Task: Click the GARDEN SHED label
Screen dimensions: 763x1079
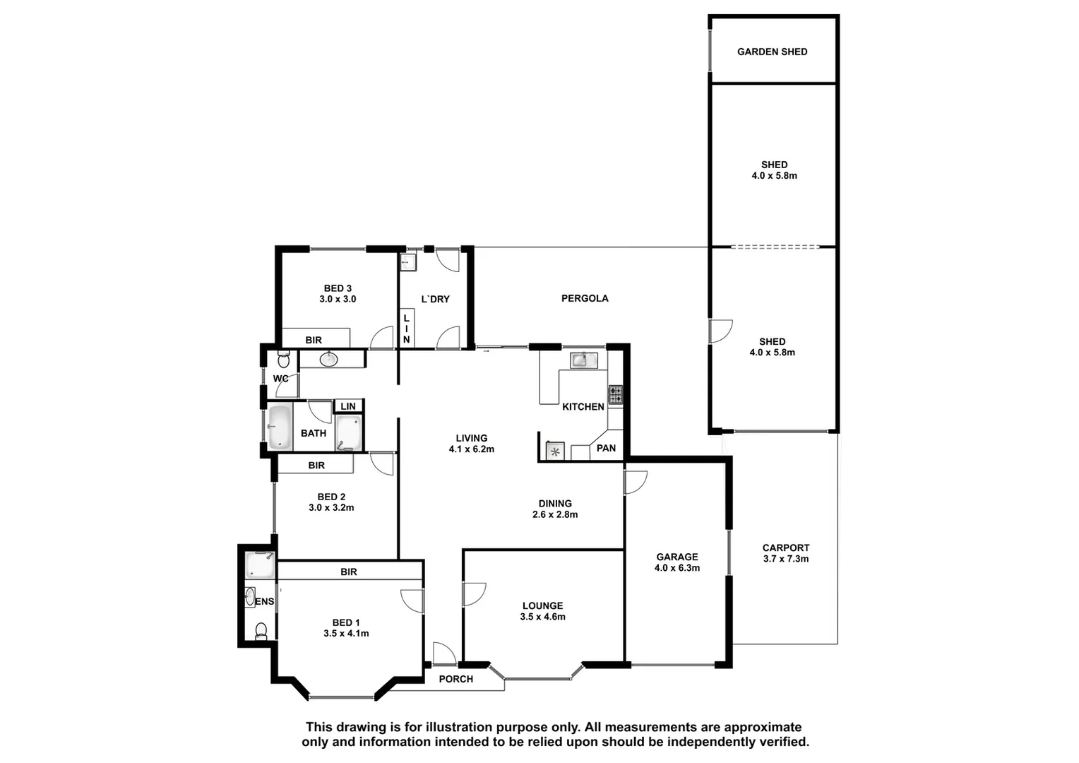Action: tap(772, 52)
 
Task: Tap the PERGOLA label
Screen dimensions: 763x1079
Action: tap(585, 298)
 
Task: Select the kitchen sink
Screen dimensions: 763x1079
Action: tap(580, 360)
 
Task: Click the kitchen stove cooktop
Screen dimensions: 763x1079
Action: tap(615, 394)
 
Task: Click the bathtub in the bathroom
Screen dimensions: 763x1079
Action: tap(280, 427)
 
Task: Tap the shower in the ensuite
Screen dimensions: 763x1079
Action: tap(259, 564)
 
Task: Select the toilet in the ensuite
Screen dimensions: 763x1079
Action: tap(261, 631)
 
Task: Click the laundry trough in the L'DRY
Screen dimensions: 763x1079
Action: tap(408, 263)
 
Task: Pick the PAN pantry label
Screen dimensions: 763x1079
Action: tap(606, 448)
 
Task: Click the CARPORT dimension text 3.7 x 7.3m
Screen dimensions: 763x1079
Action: tap(786, 559)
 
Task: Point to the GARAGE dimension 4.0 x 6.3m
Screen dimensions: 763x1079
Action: tap(676, 568)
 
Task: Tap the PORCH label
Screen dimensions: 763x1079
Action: tap(455, 679)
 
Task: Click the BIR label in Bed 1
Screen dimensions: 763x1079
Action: tap(349, 572)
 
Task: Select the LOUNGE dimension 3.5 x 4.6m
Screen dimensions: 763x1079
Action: tap(542, 617)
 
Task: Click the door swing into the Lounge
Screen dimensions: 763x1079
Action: tap(475, 593)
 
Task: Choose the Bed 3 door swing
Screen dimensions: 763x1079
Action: tap(382, 338)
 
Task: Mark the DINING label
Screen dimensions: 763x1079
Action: tap(555, 504)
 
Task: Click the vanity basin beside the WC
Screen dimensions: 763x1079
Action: tap(328, 360)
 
